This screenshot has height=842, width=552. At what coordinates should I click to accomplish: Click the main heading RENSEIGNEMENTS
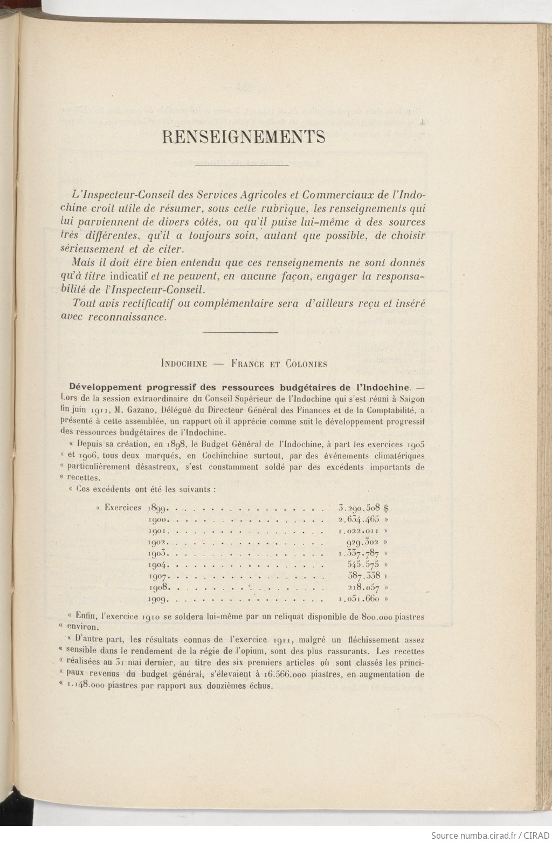tap(244, 138)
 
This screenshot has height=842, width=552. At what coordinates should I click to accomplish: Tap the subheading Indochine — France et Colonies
tap(244, 364)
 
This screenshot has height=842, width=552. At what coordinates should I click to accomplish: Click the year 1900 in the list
tap(159, 519)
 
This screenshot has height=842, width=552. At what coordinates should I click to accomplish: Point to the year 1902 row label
tap(159, 542)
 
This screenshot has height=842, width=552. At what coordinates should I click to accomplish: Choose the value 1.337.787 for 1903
tap(360, 553)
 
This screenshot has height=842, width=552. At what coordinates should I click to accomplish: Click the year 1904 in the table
tap(159, 565)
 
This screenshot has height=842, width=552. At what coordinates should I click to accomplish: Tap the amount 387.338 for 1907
tap(364, 576)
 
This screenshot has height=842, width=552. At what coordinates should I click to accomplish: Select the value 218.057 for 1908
tap(364, 587)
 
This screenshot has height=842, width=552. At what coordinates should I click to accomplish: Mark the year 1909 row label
tap(159, 599)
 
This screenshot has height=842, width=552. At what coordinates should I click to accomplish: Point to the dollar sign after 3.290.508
tap(387, 508)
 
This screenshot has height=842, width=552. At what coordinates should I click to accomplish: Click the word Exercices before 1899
tap(123, 508)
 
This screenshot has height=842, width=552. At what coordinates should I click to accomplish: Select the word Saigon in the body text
tap(411, 399)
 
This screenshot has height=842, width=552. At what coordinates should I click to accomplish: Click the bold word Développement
tap(102, 387)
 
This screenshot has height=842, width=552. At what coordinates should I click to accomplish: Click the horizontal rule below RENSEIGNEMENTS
tap(241, 166)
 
